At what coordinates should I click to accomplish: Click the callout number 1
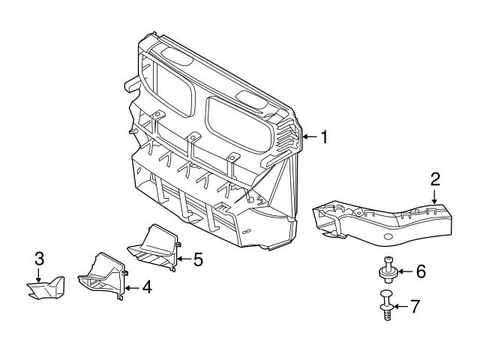pyautogui.click(x=325, y=136)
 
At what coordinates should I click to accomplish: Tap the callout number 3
pyautogui.click(x=40, y=259)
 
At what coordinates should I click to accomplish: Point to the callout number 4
pyautogui.click(x=147, y=286)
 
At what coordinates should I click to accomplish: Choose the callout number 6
pyautogui.click(x=421, y=271)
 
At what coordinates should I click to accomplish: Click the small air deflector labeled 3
pyautogui.click(x=45, y=289)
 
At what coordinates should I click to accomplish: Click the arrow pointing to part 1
pyautogui.click(x=310, y=136)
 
